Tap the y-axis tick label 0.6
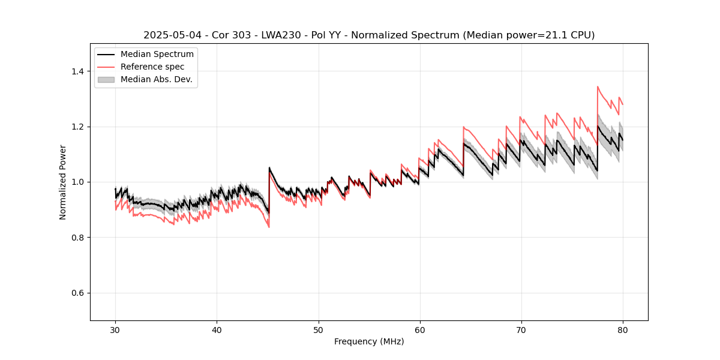point(78,293)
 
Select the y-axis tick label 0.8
point(78,238)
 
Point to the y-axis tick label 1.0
point(78,182)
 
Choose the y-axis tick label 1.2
point(78,127)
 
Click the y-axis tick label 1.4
point(78,71)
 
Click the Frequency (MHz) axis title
point(369,341)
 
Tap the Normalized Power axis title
point(63,182)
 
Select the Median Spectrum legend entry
point(157,55)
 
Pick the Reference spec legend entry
point(152,67)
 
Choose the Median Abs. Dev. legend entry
point(156,79)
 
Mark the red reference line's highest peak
point(598,86)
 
